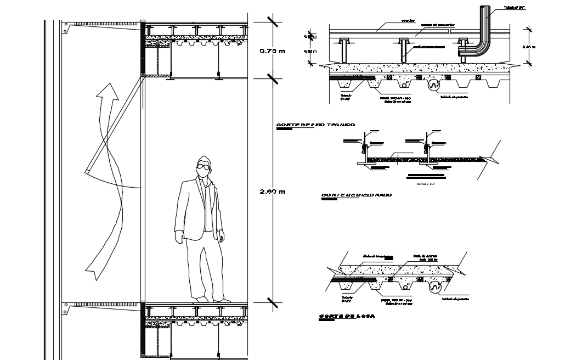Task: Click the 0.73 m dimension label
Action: (x=273, y=52)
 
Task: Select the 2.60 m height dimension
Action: (x=273, y=192)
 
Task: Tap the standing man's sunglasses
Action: (x=204, y=167)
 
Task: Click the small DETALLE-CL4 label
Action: (x=425, y=184)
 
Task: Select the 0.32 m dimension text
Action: (x=310, y=51)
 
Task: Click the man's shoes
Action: (x=210, y=299)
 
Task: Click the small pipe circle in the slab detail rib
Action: (x=404, y=287)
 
